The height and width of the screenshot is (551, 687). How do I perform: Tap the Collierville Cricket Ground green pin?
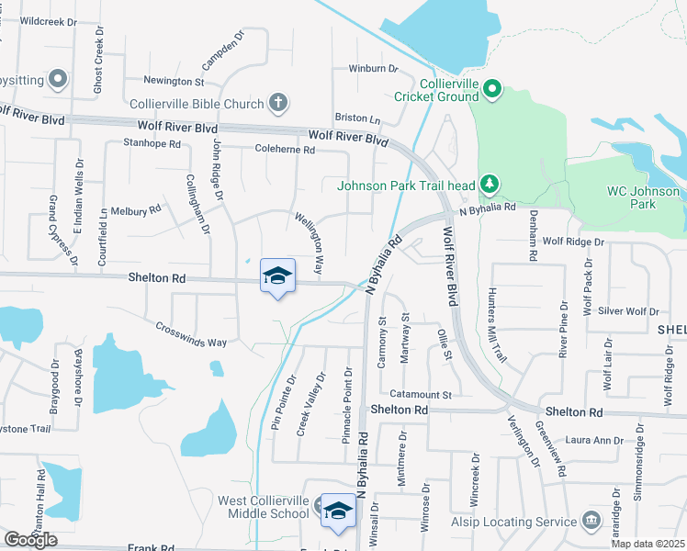[x=492, y=89]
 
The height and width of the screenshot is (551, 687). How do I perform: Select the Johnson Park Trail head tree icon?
[x=490, y=185]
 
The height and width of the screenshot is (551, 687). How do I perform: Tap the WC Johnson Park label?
[x=643, y=197]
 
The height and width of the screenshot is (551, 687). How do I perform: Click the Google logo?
[x=31, y=539]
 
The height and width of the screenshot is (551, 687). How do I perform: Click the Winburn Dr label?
[x=373, y=68]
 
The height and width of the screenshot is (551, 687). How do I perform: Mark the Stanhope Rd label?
[x=152, y=143]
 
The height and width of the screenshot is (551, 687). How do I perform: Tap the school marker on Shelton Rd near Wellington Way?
[x=278, y=276]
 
